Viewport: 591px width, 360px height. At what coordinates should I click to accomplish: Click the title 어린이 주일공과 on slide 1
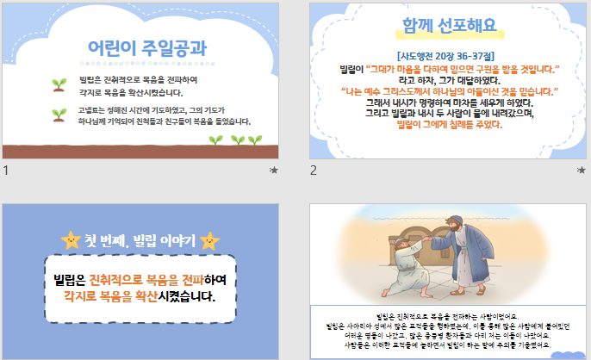coord(147,47)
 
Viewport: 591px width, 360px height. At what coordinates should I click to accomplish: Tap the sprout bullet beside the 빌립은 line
coord(59,84)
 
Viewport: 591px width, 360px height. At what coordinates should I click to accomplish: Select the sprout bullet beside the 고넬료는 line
coord(59,114)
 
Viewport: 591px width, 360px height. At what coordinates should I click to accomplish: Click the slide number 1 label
coord(6,171)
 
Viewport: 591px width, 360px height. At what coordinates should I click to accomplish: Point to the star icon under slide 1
coord(274,171)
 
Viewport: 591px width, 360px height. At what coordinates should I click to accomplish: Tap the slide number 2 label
coord(314,171)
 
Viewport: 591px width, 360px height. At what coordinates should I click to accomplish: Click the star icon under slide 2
coord(581,171)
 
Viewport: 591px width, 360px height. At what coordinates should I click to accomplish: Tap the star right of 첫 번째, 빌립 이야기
coord(208,240)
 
